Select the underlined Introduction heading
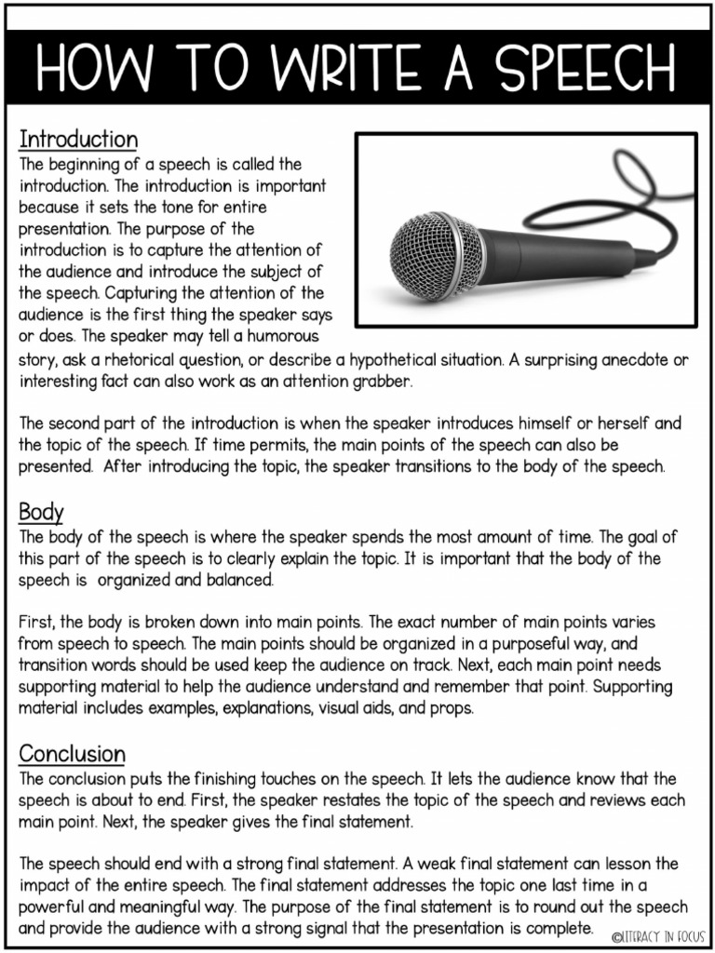[78, 140]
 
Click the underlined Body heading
[41, 511]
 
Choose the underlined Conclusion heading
[72, 753]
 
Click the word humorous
[278, 335]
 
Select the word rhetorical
[163, 360]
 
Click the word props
[455, 708]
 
